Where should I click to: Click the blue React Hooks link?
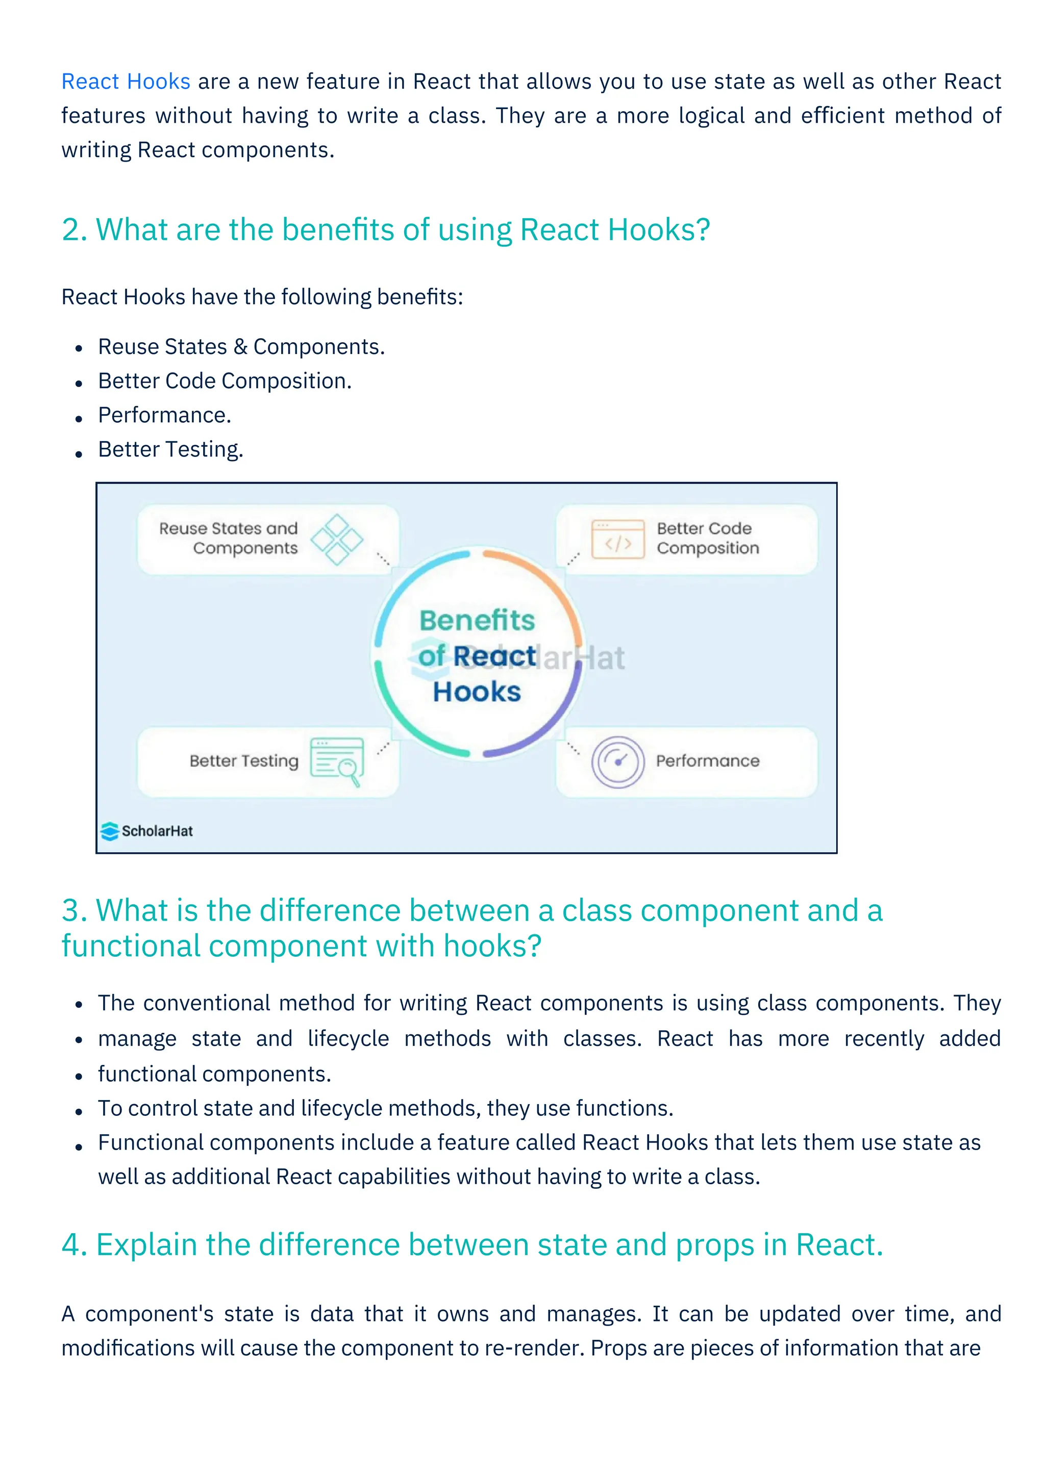(126, 82)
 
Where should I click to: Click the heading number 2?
(74, 230)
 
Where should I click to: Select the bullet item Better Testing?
(170, 449)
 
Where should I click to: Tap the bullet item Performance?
(164, 415)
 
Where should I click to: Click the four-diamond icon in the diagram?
(337, 539)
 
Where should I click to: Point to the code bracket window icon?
(618, 539)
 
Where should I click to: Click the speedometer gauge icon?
(618, 761)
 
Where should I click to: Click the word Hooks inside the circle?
(477, 692)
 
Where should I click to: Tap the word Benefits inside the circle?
(477, 621)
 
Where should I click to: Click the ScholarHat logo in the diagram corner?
(147, 831)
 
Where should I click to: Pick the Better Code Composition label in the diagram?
(707, 538)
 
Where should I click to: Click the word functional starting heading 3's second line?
(131, 946)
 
